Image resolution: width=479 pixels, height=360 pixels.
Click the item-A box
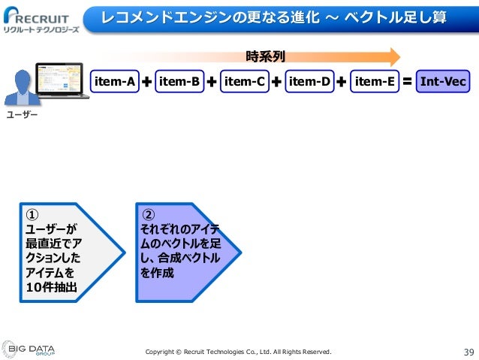[x=113, y=82]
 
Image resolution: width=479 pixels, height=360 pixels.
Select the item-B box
[x=179, y=82]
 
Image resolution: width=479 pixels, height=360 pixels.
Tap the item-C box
[x=244, y=82]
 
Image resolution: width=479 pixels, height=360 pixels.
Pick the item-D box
[x=309, y=82]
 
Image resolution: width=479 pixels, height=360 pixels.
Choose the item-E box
[x=374, y=82]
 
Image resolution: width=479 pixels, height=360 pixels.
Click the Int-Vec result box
[x=442, y=82]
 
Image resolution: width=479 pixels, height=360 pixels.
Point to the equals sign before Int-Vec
[x=407, y=82]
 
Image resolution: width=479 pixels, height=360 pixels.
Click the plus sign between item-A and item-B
[x=146, y=82]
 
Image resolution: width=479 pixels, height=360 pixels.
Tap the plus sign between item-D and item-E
[x=342, y=82]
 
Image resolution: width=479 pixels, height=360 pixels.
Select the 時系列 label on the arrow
[x=265, y=56]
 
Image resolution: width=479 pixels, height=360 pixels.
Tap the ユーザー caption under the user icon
[x=22, y=116]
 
